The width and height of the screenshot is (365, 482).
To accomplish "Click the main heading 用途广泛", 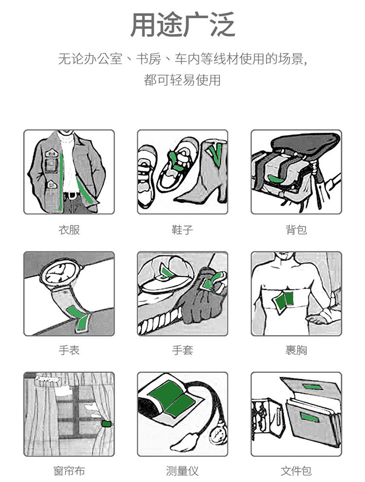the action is click(x=182, y=24).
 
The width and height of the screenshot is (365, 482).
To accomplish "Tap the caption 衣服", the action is click(x=69, y=230).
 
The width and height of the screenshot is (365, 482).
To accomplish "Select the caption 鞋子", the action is click(x=182, y=230).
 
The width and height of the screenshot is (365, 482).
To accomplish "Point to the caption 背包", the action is click(x=296, y=230).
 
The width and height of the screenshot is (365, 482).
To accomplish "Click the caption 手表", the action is click(x=69, y=350).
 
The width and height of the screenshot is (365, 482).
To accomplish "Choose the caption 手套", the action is click(x=182, y=350).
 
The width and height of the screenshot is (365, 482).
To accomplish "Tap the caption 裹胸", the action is click(x=296, y=350).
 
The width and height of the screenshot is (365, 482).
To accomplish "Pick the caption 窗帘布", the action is click(x=69, y=471).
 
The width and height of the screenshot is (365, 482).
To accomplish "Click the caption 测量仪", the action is click(x=182, y=471).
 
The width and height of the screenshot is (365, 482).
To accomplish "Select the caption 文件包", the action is click(x=296, y=471).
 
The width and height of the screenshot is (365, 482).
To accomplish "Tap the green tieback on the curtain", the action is click(x=107, y=424).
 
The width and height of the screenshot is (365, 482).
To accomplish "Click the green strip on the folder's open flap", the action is click(x=312, y=386).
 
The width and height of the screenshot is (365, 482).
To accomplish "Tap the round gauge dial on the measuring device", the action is click(x=218, y=435).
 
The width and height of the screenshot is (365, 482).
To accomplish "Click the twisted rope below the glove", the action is click(x=160, y=321).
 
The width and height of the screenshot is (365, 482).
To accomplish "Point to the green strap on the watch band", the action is click(x=79, y=318).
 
